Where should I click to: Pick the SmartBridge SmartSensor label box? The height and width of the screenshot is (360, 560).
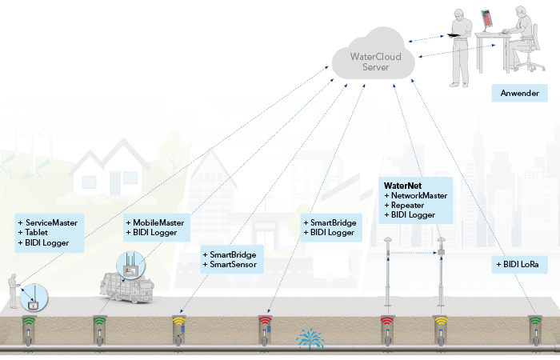230,258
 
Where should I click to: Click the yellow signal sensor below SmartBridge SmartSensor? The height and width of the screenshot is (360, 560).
179,327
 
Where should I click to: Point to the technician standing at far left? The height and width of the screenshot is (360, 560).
14,291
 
